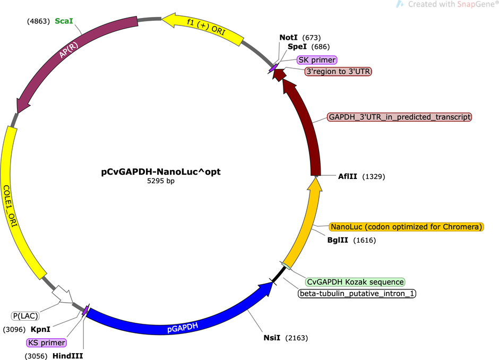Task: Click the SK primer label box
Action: coord(316,60)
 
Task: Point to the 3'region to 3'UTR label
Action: coord(338,71)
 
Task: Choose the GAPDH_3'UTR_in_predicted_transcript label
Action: coord(399,117)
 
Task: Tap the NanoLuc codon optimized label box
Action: coord(407,227)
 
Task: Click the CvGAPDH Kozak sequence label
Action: coord(355,282)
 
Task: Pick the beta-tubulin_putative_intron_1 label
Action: coord(357,293)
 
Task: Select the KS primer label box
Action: coord(47,342)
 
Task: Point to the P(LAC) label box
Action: coord(25,316)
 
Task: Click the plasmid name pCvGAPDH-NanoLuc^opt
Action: coord(161,172)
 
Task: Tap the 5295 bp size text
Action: coord(161,181)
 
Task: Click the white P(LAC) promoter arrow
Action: coord(63,294)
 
